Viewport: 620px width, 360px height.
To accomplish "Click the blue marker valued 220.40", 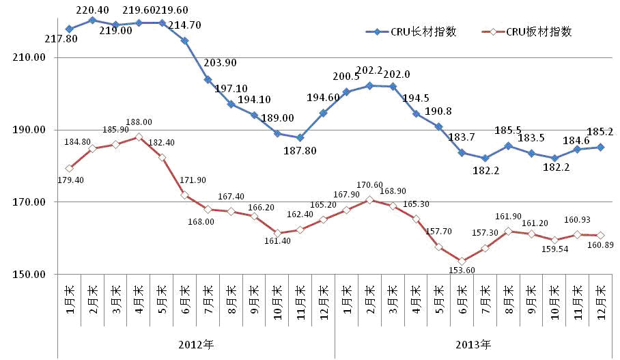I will (92, 20).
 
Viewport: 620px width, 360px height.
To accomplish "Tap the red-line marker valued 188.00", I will (139, 137).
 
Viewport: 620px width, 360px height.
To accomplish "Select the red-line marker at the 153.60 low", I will (462, 261).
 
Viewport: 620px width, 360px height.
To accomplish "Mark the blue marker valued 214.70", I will (184, 40).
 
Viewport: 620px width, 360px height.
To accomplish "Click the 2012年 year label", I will (196, 344).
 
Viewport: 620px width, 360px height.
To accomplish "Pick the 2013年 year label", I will (473, 344).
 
